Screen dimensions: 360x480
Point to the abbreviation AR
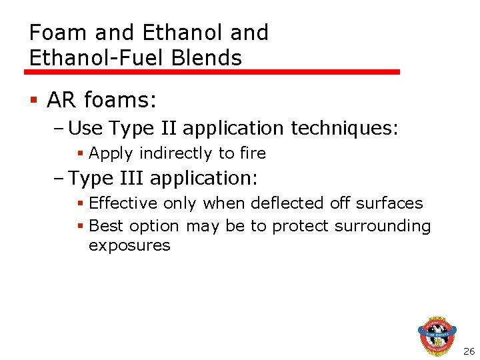click(61, 101)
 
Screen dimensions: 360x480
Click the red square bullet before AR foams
click(33, 101)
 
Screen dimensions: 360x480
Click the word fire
click(253, 153)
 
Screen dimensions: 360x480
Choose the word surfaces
click(391, 203)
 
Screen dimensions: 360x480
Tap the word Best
click(104, 226)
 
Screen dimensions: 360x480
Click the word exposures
click(129, 245)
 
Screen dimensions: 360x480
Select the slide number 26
click(469, 351)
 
